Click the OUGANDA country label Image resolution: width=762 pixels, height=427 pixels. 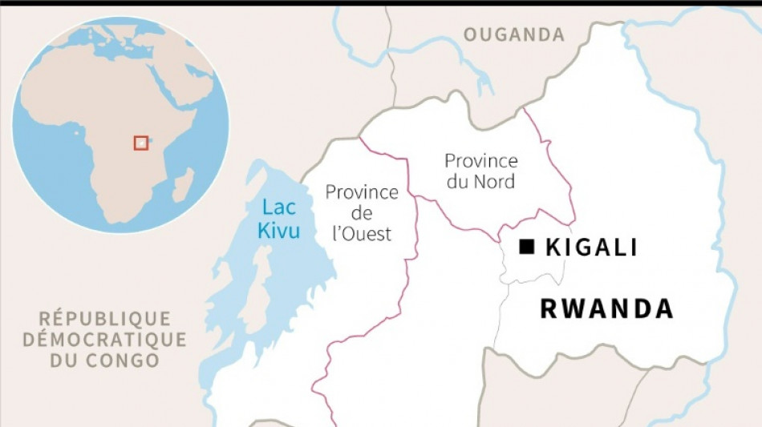click(514, 34)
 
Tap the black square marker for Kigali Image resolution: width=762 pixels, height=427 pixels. click(526, 248)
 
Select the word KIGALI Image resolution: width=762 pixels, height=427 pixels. click(591, 248)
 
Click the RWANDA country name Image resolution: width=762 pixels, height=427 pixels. click(606, 308)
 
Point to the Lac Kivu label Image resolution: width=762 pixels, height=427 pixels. click(280, 219)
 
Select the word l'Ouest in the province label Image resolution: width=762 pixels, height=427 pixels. click(362, 234)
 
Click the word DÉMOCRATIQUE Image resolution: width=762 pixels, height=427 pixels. click(105, 339)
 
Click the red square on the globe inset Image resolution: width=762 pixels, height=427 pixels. click(141, 143)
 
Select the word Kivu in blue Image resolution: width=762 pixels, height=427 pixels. click(280, 231)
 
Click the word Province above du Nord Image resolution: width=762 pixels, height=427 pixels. click(481, 161)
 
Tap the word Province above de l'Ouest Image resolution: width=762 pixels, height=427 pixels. click(362, 192)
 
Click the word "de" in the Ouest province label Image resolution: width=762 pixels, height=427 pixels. click(362, 213)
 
